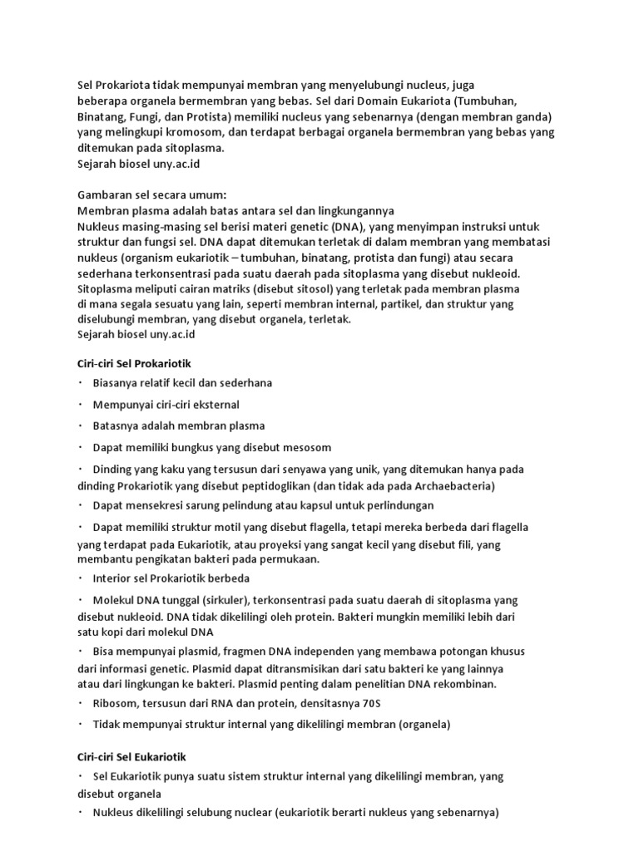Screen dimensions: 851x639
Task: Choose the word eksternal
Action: tap(214, 404)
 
